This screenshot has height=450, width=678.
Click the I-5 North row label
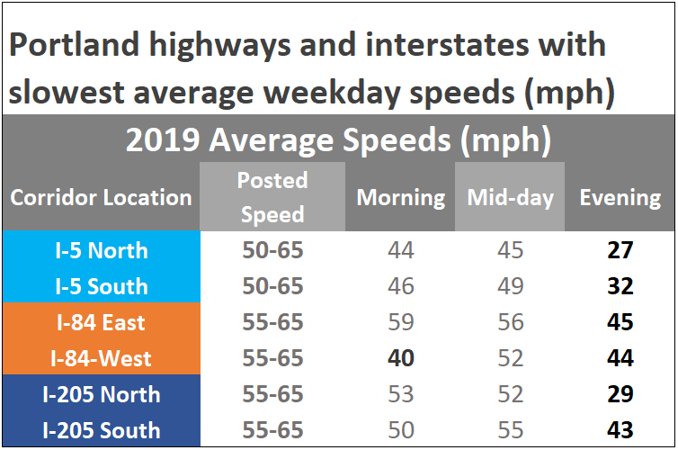click(100, 250)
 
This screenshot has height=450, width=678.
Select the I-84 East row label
click(100, 322)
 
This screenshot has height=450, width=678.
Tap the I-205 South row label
click(100, 430)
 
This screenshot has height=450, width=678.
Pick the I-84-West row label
click(100, 358)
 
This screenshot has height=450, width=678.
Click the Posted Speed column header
click(272, 197)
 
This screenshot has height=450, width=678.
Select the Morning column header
click(401, 197)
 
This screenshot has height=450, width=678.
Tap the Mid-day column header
click(510, 197)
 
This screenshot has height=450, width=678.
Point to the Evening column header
click(620, 197)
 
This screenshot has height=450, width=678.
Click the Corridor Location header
click(101, 198)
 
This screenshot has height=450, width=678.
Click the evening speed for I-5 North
click(620, 250)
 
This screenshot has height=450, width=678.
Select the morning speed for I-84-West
click(401, 358)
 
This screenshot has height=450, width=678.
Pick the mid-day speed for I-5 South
click(510, 286)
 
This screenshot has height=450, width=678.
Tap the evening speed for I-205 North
click(620, 394)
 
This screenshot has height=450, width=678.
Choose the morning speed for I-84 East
click(401, 322)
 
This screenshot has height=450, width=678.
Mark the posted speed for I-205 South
click(272, 430)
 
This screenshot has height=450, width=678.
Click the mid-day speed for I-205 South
click(510, 430)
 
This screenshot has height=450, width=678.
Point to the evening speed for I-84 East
click(620, 322)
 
